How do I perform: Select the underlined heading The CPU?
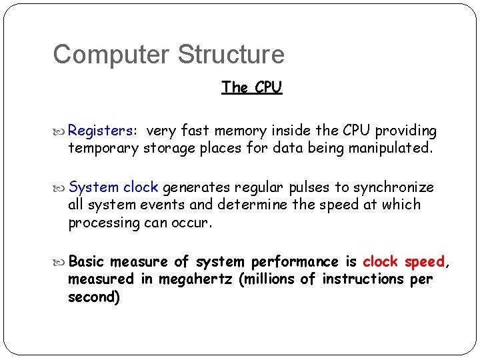point(252,87)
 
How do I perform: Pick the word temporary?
point(103,148)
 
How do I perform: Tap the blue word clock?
point(141,187)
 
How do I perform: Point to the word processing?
point(104,223)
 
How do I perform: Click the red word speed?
point(424,261)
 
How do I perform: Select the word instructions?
point(363,279)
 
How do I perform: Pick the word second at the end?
point(93,297)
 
